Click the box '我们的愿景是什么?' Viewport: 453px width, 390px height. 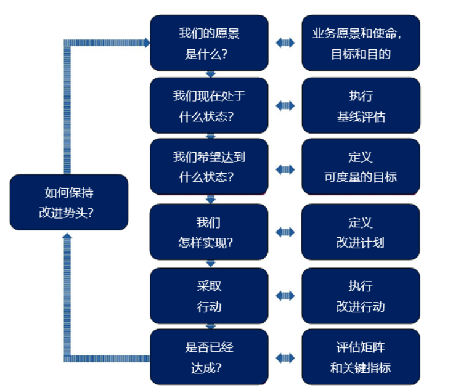[x=210, y=43]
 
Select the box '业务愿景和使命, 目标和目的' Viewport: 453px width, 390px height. [x=361, y=43]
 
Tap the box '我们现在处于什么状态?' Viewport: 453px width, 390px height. [x=210, y=105]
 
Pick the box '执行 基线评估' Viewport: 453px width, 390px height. [x=361, y=105]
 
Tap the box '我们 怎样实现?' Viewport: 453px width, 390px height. [x=210, y=232]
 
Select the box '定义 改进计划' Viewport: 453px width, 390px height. [x=361, y=232]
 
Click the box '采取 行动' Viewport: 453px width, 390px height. [x=210, y=296]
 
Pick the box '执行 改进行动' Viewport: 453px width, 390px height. [x=361, y=296]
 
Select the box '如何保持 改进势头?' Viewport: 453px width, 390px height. [x=69, y=202]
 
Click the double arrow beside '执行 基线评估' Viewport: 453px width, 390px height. [x=285, y=105]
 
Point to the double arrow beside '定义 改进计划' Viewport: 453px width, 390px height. [x=285, y=232]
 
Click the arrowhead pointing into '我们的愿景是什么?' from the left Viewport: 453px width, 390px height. [x=146, y=43]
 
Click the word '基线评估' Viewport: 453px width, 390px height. [x=361, y=116]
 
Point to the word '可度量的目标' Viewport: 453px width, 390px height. [x=361, y=177]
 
